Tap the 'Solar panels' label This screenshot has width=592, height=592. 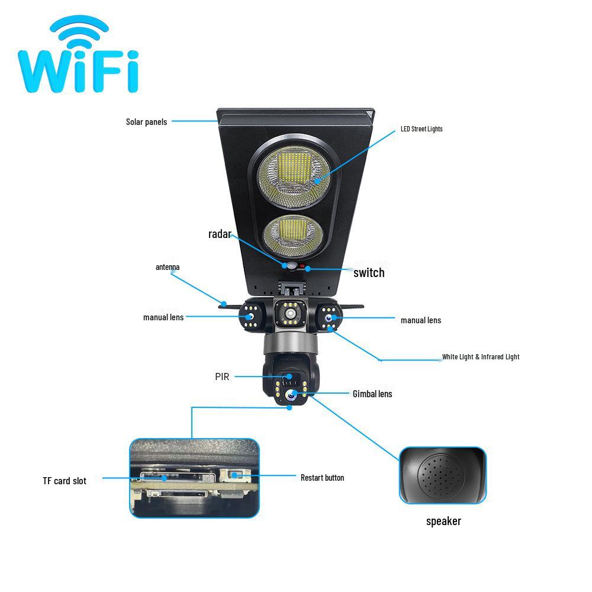146,122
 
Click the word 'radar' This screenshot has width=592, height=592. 219,234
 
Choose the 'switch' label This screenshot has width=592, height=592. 369,273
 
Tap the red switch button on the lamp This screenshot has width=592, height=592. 303,267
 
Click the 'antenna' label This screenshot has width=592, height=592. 168,267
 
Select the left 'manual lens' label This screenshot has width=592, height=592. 163,317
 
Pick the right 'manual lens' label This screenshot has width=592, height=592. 421,320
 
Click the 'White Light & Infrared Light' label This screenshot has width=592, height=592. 481,357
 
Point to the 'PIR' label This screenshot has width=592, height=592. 222,377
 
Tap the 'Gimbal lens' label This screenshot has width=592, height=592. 372,394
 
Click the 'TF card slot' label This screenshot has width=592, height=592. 65,481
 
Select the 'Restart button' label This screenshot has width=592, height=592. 322,478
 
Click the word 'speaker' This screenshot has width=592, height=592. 443,521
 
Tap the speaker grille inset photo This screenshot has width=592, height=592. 442,475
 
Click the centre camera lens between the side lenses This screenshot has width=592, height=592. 290,313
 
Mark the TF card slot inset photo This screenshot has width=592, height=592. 194,478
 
